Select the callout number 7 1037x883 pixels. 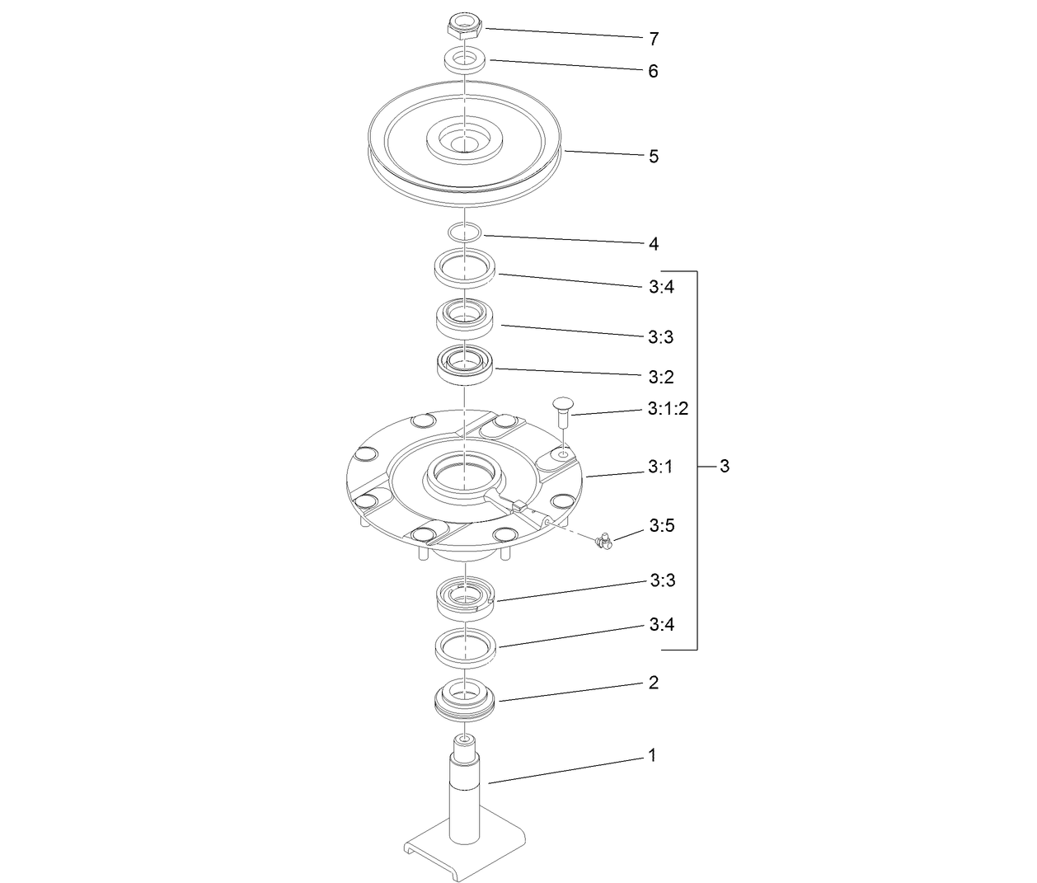tap(654, 39)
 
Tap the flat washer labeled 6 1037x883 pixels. tap(464, 60)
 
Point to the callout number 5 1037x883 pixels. tap(654, 157)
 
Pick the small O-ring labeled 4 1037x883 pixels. tap(465, 232)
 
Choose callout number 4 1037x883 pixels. tap(654, 244)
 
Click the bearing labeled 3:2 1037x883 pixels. tap(465, 364)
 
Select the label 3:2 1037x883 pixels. tap(661, 378)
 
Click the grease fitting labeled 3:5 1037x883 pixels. tap(603, 541)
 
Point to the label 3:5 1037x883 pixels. tap(662, 526)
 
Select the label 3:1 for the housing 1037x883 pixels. tap(660, 467)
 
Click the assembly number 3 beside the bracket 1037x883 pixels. tap(725, 467)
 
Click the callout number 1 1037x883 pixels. tap(653, 755)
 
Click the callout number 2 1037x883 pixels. tap(654, 683)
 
